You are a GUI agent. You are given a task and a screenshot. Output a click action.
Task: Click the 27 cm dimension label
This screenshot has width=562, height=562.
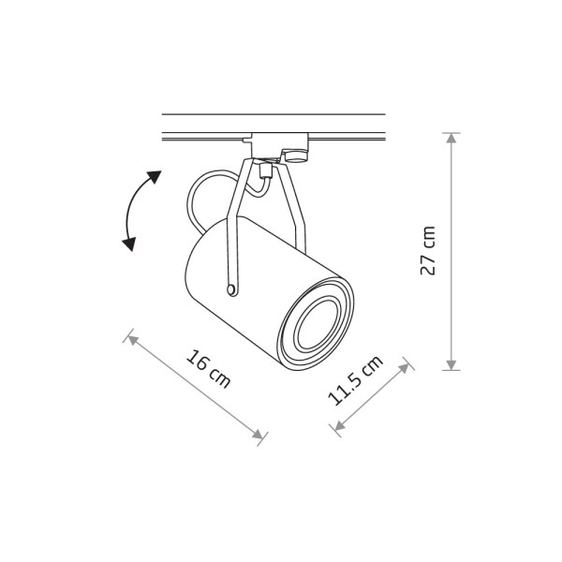428,251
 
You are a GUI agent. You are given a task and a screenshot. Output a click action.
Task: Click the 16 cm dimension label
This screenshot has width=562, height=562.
208,368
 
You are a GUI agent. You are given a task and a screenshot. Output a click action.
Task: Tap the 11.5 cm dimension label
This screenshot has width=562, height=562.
356,381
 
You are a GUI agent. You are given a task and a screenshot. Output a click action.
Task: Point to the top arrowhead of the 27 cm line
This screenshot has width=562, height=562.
451,138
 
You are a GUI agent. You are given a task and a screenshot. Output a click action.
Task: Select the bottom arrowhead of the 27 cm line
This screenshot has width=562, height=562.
451,365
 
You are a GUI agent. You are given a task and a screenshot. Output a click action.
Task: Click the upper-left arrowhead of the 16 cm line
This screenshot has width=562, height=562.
133,340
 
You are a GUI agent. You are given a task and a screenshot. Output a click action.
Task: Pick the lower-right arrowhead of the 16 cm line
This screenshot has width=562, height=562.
259,435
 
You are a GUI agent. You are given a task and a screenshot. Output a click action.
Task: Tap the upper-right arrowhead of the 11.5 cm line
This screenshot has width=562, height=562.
405,368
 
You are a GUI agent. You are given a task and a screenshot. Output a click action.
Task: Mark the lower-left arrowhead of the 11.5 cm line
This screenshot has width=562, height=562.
339,425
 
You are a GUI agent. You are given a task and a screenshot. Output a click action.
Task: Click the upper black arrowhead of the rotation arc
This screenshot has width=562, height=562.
155,176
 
